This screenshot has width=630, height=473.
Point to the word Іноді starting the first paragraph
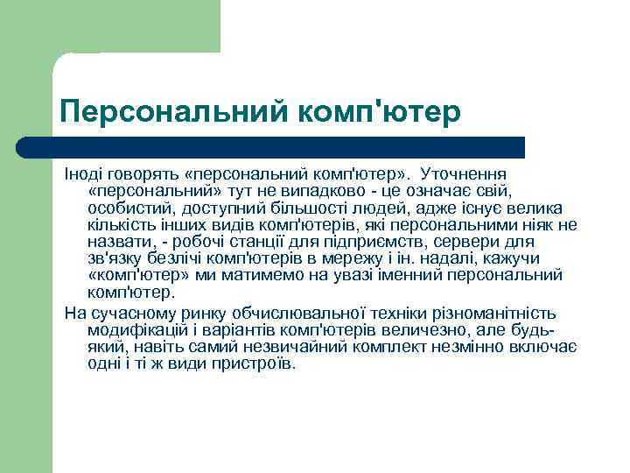pyautogui.click(x=84, y=173)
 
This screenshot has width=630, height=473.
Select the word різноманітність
pyautogui.click(x=497, y=314)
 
